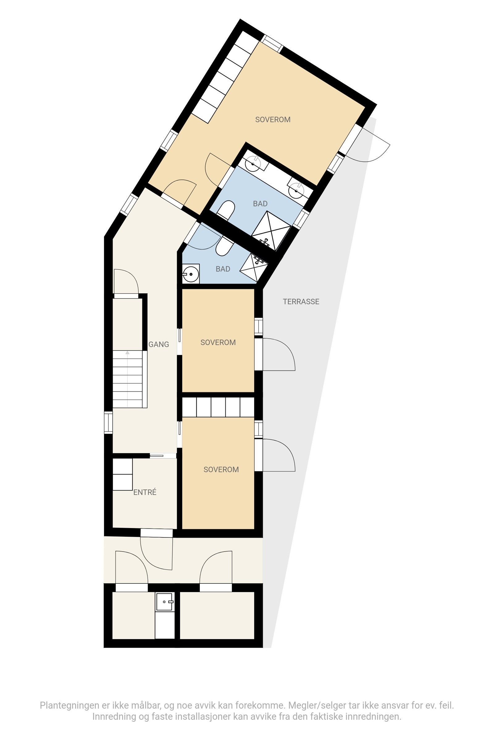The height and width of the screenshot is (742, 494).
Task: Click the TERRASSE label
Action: click(301, 302)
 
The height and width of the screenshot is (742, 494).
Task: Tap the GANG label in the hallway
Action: click(158, 344)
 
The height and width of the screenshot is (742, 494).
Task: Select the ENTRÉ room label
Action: click(144, 492)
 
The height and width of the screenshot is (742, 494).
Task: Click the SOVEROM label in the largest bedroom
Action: click(273, 120)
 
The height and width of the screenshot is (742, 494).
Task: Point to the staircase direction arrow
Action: click(127, 353)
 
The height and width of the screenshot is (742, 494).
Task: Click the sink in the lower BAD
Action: click(191, 274)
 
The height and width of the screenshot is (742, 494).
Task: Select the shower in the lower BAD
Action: click(254, 267)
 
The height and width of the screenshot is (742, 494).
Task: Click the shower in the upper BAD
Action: click(271, 230)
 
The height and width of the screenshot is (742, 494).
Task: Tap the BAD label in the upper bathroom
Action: click(260, 204)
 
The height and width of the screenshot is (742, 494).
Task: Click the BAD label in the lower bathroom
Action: click(223, 269)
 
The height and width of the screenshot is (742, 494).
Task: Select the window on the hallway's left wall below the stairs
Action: click(108, 423)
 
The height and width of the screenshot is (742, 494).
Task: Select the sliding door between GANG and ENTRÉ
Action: click(163, 455)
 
